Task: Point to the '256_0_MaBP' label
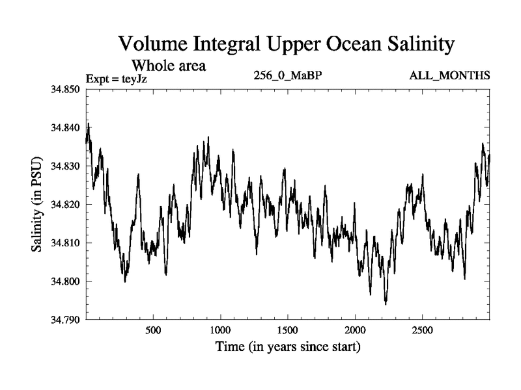coord(288,75)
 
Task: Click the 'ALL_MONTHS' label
coord(449,75)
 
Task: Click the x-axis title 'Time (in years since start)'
coord(288,347)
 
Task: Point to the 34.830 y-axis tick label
coord(65,166)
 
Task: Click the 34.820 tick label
coord(65,204)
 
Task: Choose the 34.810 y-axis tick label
coord(65,242)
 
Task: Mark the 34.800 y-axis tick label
coord(65,281)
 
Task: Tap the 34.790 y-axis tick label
coord(65,320)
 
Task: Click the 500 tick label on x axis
coord(153,330)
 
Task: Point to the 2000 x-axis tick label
coord(355,330)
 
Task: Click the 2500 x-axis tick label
coord(422,330)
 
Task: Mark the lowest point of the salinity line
coord(386,304)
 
